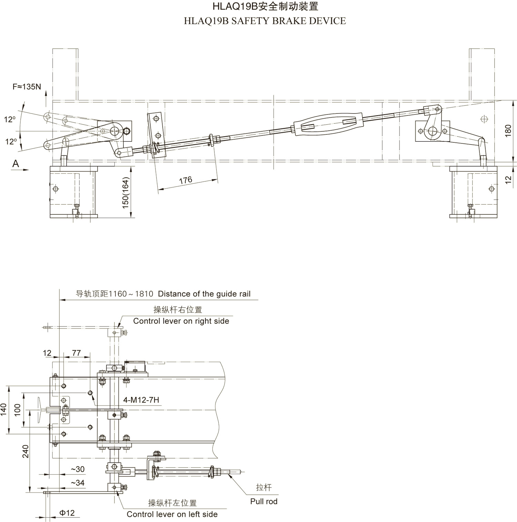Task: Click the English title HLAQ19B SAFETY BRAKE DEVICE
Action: (265, 21)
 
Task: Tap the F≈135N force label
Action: (27, 87)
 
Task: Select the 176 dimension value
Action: (185, 180)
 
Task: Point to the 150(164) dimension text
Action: (125, 192)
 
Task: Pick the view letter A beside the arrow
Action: (16, 164)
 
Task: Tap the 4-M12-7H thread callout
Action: (141, 400)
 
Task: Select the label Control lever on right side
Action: (181, 321)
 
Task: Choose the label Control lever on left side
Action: (172, 514)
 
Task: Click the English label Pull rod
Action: (264, 501)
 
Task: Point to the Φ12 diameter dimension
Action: (67, 513)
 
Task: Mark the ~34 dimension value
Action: (78, 483)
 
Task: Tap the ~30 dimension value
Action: (78, 469)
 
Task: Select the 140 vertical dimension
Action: (4, 410)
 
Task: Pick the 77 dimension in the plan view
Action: (76, 353)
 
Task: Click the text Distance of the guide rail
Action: (204, 294)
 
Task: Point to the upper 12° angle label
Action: (10, 119)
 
